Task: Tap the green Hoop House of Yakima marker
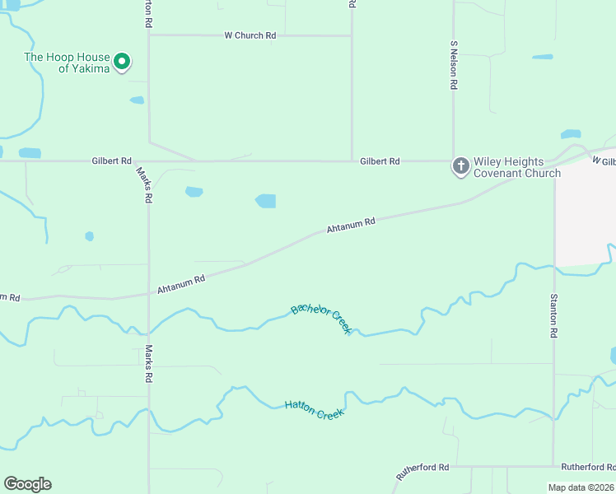click(122, 62)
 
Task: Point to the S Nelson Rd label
click(454, 65)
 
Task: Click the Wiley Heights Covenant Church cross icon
click(460, 165)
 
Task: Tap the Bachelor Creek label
click(322, 318)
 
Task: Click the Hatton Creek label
click(314, 408)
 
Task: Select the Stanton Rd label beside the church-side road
click(554, 316)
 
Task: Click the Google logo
click(27, 484)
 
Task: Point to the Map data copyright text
click(581, 487)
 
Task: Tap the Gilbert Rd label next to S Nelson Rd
click(380, 162)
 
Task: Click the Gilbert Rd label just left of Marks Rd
click(112, 161)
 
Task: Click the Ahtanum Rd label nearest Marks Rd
click(180, 285)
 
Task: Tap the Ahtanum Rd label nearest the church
click(351, 225)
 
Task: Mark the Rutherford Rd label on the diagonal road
click(422, 472)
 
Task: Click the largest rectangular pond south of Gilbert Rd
click(265, 201)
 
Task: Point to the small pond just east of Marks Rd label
click(194, 192)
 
